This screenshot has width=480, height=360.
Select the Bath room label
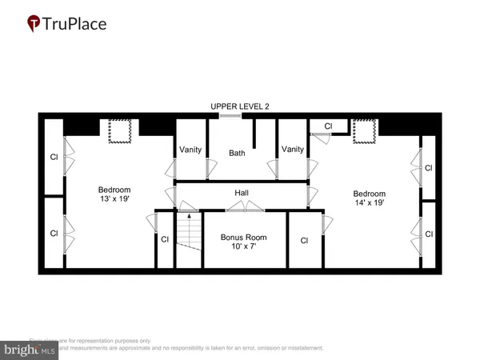(237, 152)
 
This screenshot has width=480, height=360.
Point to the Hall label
(241, 193)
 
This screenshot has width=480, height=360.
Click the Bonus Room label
(244, 238)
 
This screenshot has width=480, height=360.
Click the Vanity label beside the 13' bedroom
(190, 149)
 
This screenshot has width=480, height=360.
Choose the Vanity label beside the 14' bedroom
(292, 149)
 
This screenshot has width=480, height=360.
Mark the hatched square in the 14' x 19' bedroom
(365, 130)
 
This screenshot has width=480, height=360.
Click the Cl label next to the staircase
(165, 239)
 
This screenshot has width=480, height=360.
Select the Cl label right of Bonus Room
(304, 239)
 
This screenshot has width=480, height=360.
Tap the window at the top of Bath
(230, 117)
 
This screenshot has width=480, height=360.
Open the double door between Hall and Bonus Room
(244, 208)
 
